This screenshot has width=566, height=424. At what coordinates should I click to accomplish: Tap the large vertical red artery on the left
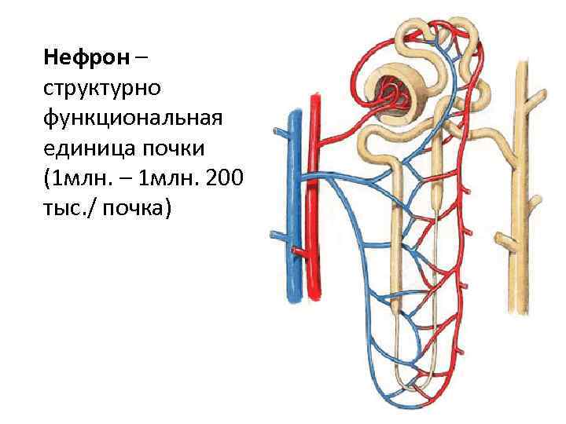pyautogui.click(x=314, y=196)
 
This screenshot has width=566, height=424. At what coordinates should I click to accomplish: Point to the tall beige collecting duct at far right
pyautogui.click(x=518, y=196)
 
